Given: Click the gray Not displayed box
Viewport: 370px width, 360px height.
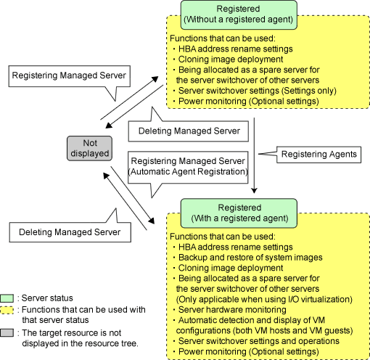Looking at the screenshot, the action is click(89, 148).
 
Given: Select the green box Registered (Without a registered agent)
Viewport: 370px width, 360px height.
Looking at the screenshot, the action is click(239, 15).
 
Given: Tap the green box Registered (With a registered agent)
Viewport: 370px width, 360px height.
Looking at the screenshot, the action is click(239, 213).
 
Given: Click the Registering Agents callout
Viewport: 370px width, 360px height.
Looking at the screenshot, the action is click(318, 155).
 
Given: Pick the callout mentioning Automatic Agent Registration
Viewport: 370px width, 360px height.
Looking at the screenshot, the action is click(188, 168).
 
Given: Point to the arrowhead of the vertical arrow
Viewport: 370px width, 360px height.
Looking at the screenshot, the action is click(254, 190).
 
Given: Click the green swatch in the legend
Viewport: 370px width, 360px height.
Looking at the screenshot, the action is click(7, 298).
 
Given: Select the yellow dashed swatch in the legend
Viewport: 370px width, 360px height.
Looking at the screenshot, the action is click(7, 310).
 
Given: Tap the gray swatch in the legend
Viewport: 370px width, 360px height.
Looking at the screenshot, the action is click(7, 333).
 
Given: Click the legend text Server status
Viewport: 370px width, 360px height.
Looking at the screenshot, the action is click(47, 298).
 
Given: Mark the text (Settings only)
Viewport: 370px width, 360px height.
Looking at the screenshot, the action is click(310, 91).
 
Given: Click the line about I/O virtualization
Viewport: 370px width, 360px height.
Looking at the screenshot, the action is click(264, 299).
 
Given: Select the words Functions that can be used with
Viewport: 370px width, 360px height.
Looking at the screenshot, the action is click(83, 310).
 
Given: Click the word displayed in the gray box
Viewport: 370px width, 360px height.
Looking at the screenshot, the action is click(90, 154).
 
